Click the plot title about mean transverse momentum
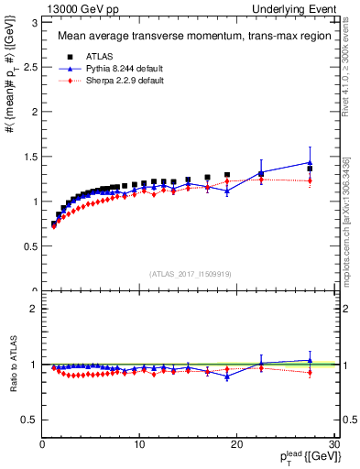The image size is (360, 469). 181,38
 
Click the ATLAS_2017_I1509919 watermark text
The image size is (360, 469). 189,273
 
